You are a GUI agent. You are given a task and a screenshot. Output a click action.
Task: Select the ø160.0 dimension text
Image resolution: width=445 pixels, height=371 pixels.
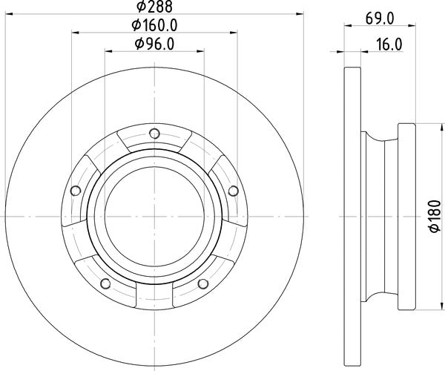tap(154, 27)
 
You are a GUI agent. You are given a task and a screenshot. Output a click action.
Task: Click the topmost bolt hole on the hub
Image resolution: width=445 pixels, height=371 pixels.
tap(154, 134)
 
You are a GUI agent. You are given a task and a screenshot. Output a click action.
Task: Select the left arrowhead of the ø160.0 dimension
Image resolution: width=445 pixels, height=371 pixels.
tap(76, 31)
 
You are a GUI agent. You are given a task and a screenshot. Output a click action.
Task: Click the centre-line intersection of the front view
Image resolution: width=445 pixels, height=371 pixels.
tap(154, 217)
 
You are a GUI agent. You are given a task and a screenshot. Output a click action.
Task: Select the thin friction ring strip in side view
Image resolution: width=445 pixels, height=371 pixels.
tap(352, 217)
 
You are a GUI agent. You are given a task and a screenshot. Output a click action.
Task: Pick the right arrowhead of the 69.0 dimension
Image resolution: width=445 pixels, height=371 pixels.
tap(416, 31)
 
